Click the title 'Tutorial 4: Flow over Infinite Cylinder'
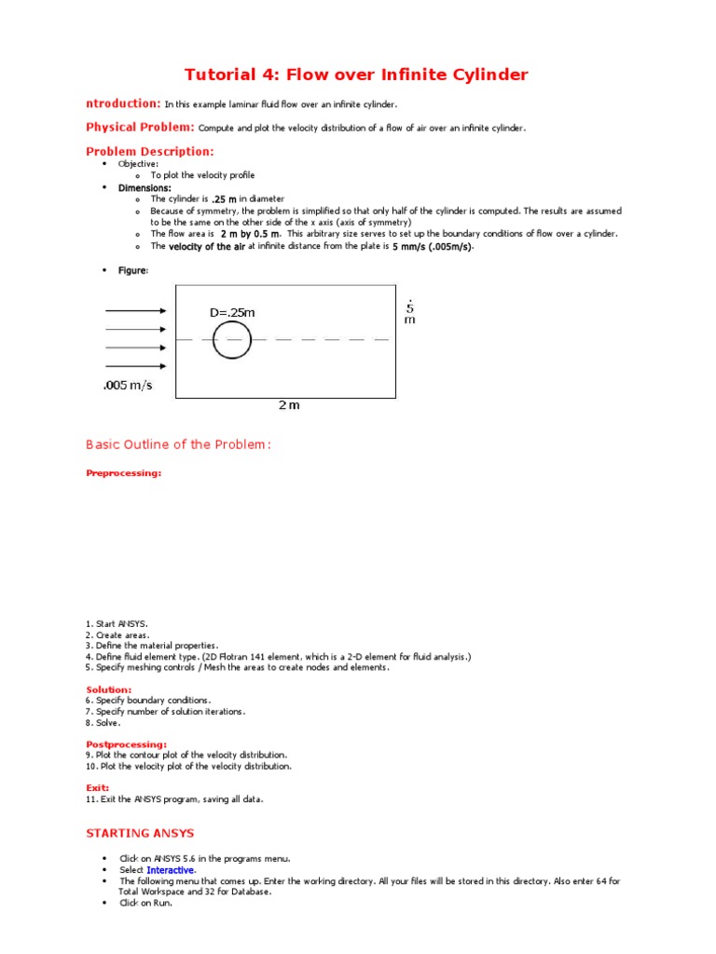pyautogui.click(x=357, y=75)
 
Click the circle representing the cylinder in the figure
pyautogui.click(x=231, y=340)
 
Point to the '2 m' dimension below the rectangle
pyautogui.click(x=289, y=405)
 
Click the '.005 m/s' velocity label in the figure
pyautogui.click(x=128, y=386)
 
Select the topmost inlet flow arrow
pyautogui.click(x=136, y=311)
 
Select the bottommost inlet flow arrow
pyautogui.click(x=136, y=366)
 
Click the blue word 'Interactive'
pyautogui.click(x=171, y=869)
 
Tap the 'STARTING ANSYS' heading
pyautogui.click(x=140, y=833)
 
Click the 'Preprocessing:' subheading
pyautogui.click(x=123, y=473)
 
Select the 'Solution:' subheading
pyautogui.click(x=109, y=689)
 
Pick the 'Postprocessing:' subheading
pyautogui.click(x=127, y=744)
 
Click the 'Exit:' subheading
pyautogui.click(x=98, y=788)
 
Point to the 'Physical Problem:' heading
pyautogui.click(x=141, y=127)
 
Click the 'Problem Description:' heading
pyautogui.click(x=150, y=151)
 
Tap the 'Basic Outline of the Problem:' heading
pyautogui.click(x=178, y=444)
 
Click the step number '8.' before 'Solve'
pyautogui.click(x=89, y=722)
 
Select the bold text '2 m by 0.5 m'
pyautogui.click(x=250, y=234)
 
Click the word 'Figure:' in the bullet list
pyautogui.click(x=132, y=270)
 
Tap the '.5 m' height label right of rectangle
pyautogui.click(x=409, y=312)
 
